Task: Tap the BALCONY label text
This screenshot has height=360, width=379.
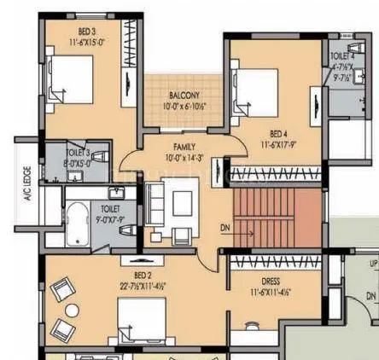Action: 184,95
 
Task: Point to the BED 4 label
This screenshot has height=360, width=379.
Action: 278,133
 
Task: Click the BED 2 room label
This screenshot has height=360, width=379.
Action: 143,275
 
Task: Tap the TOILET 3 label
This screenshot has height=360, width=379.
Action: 78,152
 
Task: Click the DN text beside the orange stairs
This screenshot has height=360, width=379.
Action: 224,228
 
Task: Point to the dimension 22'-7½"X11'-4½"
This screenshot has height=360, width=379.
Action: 143,286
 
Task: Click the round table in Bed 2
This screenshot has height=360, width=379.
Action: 72,310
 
